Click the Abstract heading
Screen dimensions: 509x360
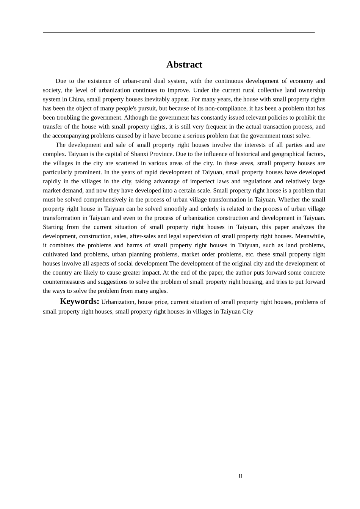click(x=184, y=64)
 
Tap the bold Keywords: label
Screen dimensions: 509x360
click(x=80, y=301)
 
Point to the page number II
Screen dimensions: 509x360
click(x=240, y=476)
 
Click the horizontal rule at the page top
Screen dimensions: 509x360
click(x=178, y=33)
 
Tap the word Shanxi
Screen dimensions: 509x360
click(x=140, y=154)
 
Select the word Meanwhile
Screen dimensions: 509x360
click(x=310, y=236)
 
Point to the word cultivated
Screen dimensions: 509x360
click(x=55, y=254)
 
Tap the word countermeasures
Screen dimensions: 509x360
click(x=64, y=282)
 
